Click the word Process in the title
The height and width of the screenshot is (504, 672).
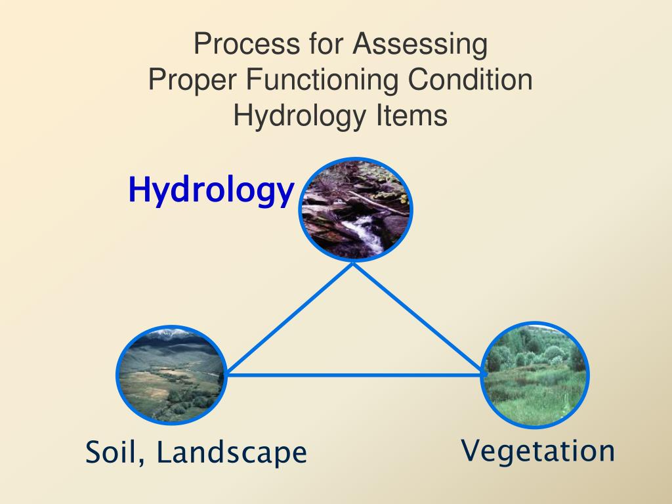tap(247, 43)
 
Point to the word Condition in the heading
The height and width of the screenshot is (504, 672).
tap(470, 79)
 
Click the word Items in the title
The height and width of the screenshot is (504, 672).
tap(411, 115)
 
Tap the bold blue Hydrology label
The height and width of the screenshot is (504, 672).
tap(211, 190)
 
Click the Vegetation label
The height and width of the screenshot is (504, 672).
tap(538, 451)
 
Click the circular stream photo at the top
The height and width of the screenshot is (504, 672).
tap(355, 209)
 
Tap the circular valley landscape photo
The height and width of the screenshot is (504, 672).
tap(171, 375)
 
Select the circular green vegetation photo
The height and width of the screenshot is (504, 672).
tap(535, 375)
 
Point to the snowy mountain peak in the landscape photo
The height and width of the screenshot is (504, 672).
tap(173, 333)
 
